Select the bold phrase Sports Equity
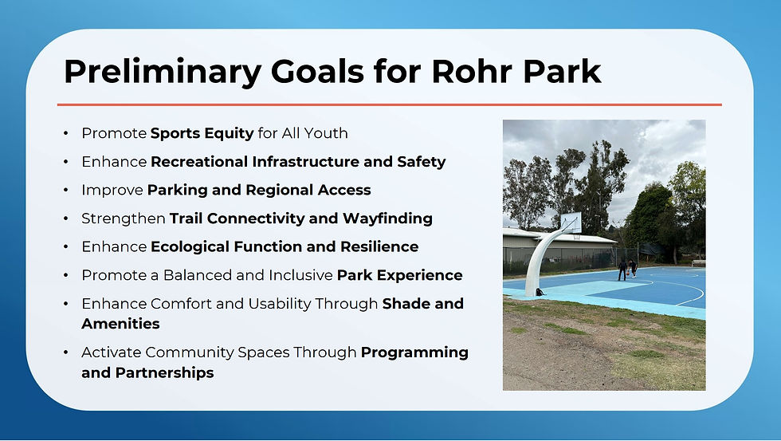pos(202,133)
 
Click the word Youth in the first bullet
pos(326,133)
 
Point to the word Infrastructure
pos(305,161)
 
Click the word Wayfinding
pos(387,219)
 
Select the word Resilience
pos(379,246)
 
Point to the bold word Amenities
pos(120,324)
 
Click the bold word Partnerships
pos(164,372)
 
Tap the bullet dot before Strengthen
pos(65,219)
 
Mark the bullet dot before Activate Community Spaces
pos(65,352)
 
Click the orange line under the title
pos(390,104)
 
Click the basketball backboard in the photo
pos(571,222)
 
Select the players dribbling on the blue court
pos(627,269)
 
